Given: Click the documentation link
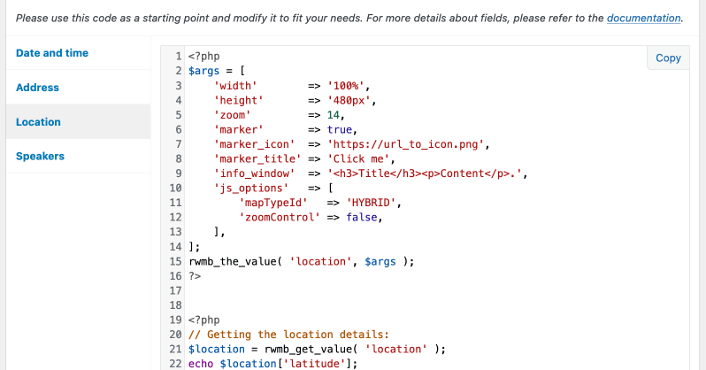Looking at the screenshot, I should click(644, 18).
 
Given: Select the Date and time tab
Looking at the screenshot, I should click(52, 53).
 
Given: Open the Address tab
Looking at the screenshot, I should click(37, 88).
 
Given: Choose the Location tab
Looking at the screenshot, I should click(38, 122).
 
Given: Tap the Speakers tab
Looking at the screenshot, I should click(40, 157).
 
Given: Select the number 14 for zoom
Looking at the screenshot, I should click(334, 115).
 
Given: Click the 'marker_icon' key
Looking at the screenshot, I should click(254, 144).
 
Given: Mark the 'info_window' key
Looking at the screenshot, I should click(254, 173).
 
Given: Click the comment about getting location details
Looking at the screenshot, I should click(288, 335).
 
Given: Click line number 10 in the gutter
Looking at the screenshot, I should click(174, 189).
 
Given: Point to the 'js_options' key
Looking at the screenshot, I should click(251, 189).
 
